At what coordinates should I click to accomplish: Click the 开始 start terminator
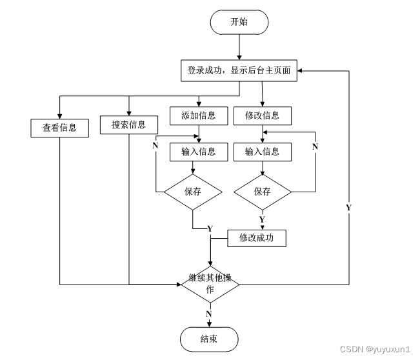coord(239,22)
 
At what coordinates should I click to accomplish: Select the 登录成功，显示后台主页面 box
coord(239,71)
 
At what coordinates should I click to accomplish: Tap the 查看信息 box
coord(59,128)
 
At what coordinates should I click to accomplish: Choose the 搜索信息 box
coord(129,125)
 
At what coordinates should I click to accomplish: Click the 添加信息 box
coord(199,115)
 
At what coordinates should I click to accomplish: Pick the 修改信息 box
coord(263,115)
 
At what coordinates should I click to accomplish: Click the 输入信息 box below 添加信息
coord(199,152)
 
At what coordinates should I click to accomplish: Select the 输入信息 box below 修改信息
coord(263,152)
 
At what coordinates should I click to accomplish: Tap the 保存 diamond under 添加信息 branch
coord(193,192)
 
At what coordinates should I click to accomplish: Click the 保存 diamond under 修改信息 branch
coord(263,192)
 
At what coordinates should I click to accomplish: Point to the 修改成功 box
coord(257,238)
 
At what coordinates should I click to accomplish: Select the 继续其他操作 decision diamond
coord(210,284)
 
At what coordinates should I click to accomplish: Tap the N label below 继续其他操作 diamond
coord(209,314)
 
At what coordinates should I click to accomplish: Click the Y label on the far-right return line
coord(348,208)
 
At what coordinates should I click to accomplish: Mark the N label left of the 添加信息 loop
coord(155,146)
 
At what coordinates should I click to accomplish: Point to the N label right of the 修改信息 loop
coord(315,147)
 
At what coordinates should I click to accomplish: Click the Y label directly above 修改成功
coord(262,220)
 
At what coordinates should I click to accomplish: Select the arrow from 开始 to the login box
coord(239,46)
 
